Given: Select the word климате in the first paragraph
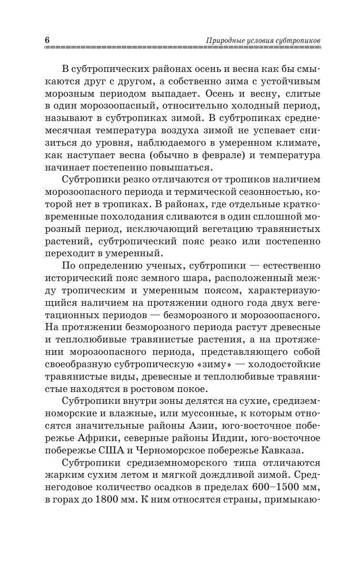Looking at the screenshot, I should [x=300, y=142].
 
